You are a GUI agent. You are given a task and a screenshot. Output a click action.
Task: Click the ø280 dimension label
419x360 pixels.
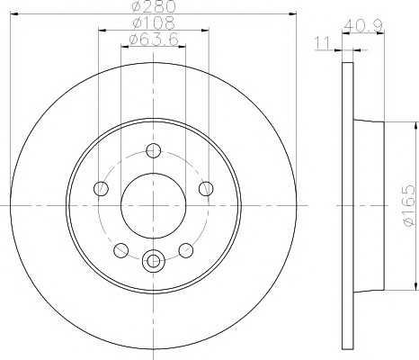[x=154, y=5]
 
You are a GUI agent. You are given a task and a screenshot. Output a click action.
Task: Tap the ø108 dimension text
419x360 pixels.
[x=154, y=22]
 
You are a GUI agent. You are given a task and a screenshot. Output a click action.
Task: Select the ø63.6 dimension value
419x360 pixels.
[x=154, y=39]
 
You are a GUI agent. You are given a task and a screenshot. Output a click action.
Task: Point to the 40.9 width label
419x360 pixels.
[x=363, y=26]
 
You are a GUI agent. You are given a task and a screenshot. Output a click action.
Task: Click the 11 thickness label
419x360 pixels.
[x=322, y=44]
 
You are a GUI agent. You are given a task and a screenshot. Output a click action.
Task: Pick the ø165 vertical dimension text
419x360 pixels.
[x=409, y=205]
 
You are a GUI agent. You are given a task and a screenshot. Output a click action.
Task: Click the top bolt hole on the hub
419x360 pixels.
[x=154, y=151]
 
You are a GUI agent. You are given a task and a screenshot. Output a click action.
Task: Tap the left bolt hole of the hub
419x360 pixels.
[x=101, y=189]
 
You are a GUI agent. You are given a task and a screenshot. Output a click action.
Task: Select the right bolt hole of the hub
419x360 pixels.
[x=206, y=189]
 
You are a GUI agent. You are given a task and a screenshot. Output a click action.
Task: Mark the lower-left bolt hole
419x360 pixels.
[x=121, y=250]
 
